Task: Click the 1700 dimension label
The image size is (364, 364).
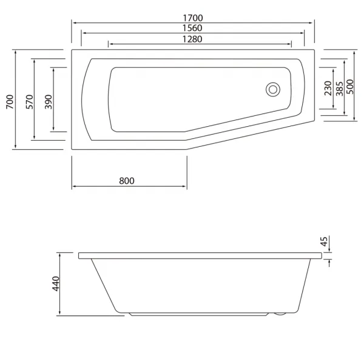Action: pos(193,18)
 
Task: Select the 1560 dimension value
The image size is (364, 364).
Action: pos(192,28)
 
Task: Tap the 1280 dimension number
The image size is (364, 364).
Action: pos(192,39)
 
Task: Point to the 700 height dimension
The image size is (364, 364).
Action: pos(10,102)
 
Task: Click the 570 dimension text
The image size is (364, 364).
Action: pos(30,102)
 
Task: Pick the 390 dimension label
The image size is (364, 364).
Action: pos(49,102)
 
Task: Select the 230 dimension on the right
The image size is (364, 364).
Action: pos(328,88)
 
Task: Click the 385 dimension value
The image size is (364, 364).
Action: pos(339,89)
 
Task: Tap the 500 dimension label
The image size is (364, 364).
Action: pos(349,87)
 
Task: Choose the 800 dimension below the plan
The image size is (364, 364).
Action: pos(127,181)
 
